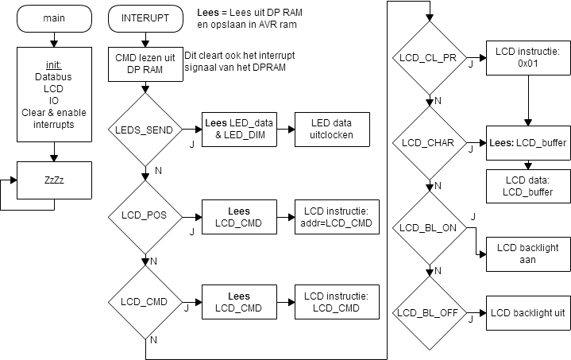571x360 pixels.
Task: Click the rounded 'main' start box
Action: pyautogui.click(x=54, y=19)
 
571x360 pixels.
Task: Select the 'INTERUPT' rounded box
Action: pyautogui.click(x=145, y=19)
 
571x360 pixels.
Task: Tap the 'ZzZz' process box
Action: pyautogui.click(x=54, y=180)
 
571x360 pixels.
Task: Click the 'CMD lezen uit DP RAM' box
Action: pyautogui.click(x=145, y=64)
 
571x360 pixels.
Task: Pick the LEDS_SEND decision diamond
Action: pyautogui.click(x=145, y=130)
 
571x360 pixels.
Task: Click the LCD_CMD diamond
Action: pyautogui.click(x=145, y=303)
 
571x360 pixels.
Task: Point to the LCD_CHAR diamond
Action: pyautogui.click(x=429, y=143)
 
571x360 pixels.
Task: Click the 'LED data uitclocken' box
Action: pyautogui.click(x=331, y=130)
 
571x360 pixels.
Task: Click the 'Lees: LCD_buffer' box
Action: pyautogui.click(x=527, y=143)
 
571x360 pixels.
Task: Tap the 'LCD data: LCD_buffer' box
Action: pyautogui.click(x=527, y=186)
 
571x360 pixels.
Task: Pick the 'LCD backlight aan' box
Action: pyautogui.click(x=527, y=254)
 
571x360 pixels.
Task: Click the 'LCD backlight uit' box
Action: pyautogui.click(x=527, y=313)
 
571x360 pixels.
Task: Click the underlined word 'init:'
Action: pyautogui.click(x=54, y=64)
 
